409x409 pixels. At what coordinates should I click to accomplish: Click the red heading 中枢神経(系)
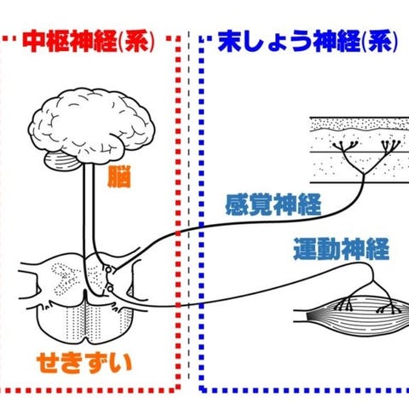(89, 42)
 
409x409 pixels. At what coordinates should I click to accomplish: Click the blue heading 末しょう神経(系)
(308, 42)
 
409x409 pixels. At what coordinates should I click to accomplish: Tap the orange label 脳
(119, 176)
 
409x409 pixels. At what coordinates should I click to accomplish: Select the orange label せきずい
(84, 364)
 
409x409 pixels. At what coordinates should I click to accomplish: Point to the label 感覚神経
(274, 204)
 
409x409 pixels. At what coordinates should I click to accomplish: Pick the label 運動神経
(341, 249)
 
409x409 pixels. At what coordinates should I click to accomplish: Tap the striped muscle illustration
(355, 315)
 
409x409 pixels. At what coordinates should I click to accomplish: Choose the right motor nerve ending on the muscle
(389, 308)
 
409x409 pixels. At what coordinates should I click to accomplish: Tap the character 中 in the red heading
(33, 42)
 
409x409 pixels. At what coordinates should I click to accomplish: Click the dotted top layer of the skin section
(360, 124)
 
